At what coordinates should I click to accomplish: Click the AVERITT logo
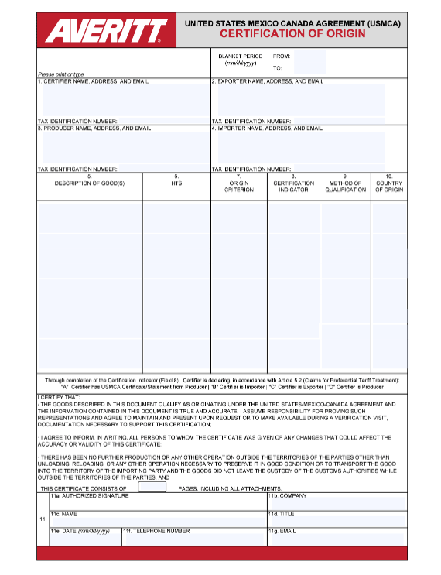coord(106,30)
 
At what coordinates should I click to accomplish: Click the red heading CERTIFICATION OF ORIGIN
coord(292,34)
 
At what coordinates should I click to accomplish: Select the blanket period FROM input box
coord(309,56)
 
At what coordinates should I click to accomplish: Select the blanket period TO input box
coord(309,68)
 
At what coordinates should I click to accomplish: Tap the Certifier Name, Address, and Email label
coord(93,81)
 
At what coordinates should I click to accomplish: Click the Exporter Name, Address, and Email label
coord(268,81)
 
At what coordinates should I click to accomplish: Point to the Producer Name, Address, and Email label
coord(94,128)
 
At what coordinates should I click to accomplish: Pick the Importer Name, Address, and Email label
coord(267,128)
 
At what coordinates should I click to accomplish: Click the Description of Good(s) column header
coord(89,183)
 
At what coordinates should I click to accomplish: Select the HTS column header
coord(176,183)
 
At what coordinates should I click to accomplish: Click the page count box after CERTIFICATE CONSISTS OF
coord(152,488)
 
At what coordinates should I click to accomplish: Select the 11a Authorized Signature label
coord(90,496)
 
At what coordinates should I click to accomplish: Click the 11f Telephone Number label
coord(156,532)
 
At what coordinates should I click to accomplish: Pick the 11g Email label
coord(282,532)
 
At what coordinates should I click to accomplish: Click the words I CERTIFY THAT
coord(59,397)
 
